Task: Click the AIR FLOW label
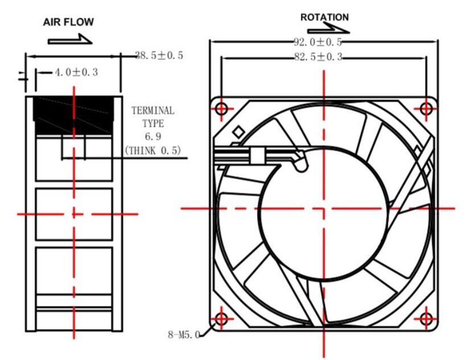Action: [x=68, y=22]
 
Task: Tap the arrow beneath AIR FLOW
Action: [x=70, y=40]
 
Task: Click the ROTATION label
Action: [x=324, y=17]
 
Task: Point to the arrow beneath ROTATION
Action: [x=328, y=29]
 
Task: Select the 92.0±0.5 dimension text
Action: [x=318, y=42]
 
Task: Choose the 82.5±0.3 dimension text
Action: [x=318, y=57]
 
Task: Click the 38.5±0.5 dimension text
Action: [x=159, y=55]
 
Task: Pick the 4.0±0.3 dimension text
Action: [x=76, y=72]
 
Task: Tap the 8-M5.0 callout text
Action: [x=184, y=334]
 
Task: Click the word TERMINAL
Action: [x=153, y=110]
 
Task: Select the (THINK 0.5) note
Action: [x=153, y=150]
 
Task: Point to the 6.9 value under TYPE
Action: [x=153, y=136]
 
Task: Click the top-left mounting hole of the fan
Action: [x=221, y=109]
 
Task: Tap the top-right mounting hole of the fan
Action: [x=426, y=109]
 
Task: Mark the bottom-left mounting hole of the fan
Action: [x=221, y=319]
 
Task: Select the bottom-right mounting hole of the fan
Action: [x=426, y=319]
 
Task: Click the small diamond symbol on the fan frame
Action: [x=238, y=132]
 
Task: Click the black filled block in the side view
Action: [x=73, y=116]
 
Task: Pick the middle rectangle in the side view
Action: [x=74, y=214]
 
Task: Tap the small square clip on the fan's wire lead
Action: [x=257, y=156]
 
